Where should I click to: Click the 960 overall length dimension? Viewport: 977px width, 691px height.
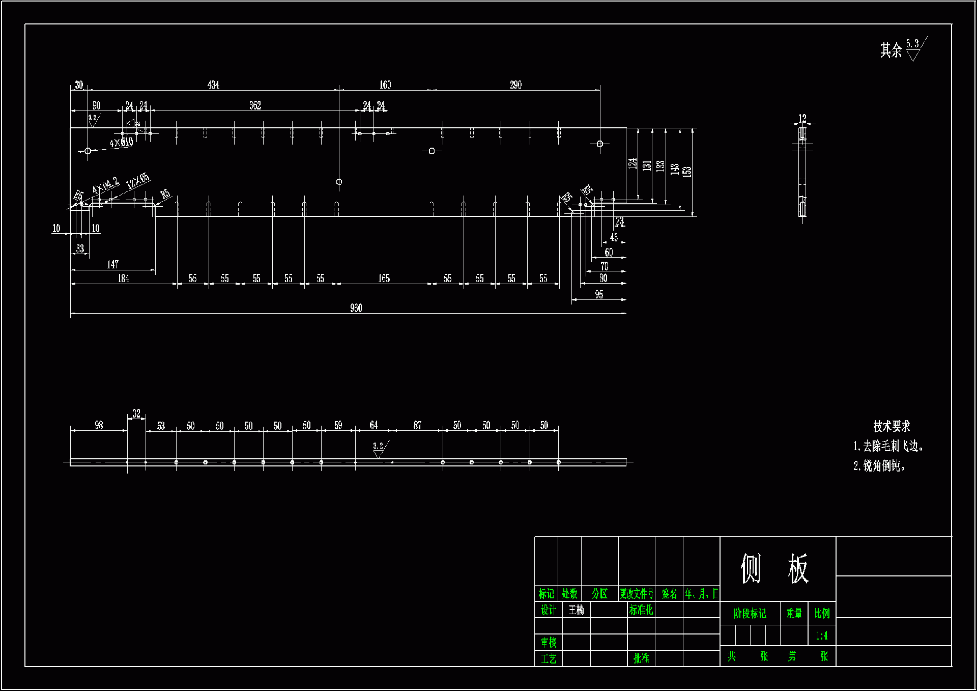click(356, 308)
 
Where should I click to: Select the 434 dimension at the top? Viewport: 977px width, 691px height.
click(213, 85)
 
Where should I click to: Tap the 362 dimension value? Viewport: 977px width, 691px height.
click(255, 105)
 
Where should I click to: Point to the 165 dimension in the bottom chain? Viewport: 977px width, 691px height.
click(384, 278)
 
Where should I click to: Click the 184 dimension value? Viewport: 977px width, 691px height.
click(123, 278)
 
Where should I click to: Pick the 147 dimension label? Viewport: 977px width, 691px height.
click(112, 264)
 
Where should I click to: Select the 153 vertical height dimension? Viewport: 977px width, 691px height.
click(687, 171)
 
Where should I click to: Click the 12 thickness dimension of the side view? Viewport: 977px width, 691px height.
click(802, 118)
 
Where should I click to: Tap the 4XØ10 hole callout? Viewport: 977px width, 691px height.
click(121, 143)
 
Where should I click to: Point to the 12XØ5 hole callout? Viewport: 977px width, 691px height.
click(138, 180)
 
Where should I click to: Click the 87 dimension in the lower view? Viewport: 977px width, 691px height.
click(417, 425)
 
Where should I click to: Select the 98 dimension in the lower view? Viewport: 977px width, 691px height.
click(99, 425)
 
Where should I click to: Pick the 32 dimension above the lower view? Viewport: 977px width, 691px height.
click(136, 413)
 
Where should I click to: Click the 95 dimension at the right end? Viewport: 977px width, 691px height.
click(599, 294)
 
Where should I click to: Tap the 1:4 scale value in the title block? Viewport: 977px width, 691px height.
click(821, 635)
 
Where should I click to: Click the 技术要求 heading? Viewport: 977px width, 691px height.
click(892, 426)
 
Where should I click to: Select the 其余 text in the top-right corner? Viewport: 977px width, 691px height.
click(890, 50)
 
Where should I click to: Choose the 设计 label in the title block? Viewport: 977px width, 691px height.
click(548, 610)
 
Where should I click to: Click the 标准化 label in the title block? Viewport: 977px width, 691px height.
click(641, 610)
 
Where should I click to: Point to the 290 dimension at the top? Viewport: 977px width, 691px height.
click(515, 85)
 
